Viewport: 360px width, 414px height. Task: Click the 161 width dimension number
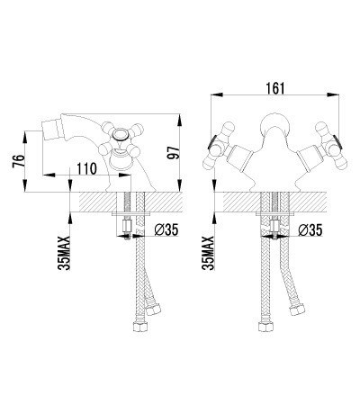tap(274, 88)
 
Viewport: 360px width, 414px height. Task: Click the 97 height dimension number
tap(174, 152)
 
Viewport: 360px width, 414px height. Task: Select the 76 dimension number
tap(18, 161)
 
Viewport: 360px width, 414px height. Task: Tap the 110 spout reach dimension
tap(87, 168)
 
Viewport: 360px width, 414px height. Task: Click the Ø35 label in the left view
tap(166, 229)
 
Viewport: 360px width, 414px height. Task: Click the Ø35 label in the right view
tap(310, 230)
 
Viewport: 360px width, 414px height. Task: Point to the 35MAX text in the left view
tap(65, 254)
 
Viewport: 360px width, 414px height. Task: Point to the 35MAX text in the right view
tap(209, 254)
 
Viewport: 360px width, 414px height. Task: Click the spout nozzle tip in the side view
tap(43, 126)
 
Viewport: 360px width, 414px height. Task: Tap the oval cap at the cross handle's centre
tap(121, 133)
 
